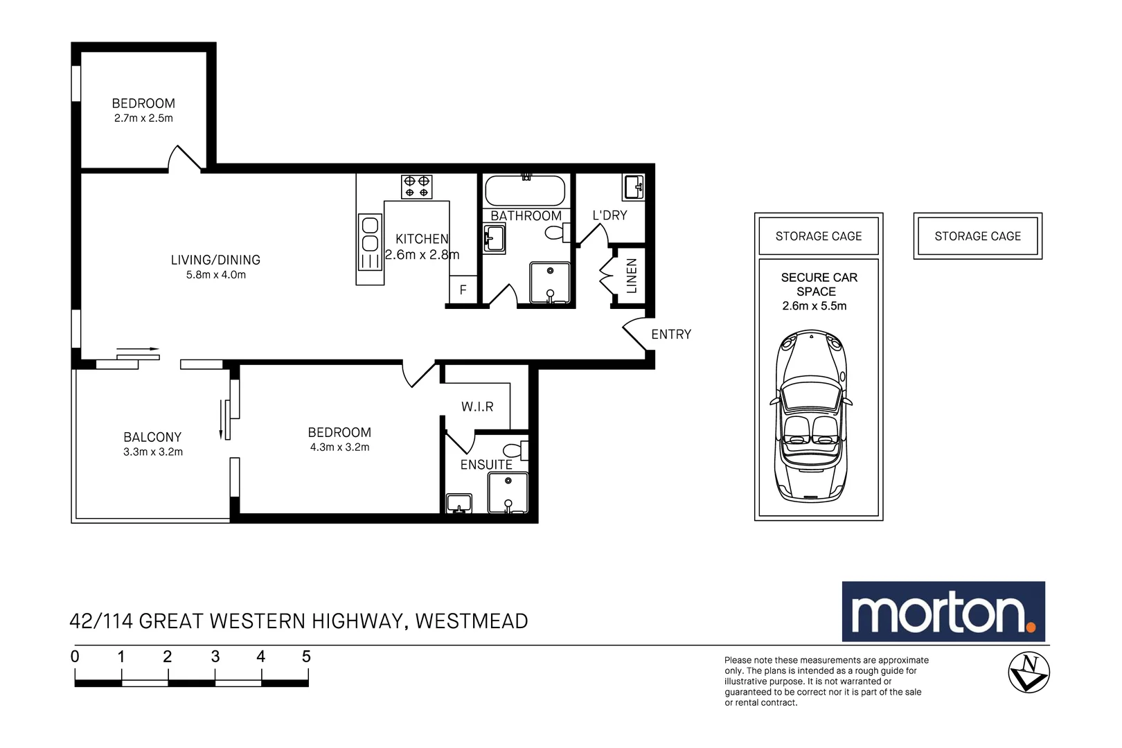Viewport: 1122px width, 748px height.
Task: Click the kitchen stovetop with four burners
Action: (x=416, y=187)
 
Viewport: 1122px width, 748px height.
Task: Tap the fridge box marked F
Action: (x=463, y=290)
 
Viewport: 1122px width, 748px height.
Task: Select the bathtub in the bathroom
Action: (x=525, y=190)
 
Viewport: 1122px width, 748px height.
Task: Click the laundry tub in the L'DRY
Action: (x=634, y=187)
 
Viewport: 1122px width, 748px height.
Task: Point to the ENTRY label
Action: (x=670, y=335)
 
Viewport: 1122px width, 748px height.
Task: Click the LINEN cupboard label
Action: (x=631, y=276)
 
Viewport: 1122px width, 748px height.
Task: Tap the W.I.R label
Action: (x=477, y=407)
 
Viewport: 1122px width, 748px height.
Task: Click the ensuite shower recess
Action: (x=508, y=492)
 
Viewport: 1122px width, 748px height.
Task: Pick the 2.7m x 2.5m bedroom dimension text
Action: (x=143, y=118)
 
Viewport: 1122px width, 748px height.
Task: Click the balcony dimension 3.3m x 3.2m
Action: (x=153, y=452)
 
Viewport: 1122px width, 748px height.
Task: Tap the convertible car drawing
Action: (x=811, y=416)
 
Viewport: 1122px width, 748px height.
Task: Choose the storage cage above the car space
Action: (x=818, y=236)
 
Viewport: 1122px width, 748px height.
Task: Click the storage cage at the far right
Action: (x=977, y=236)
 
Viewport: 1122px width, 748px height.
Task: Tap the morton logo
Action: (x=943, y=612)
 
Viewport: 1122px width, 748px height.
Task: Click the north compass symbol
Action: (x=1028, y=672)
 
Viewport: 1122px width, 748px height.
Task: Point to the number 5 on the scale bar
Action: (x=306, y=657)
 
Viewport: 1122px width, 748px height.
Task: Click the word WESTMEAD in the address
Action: (x=472, y=621)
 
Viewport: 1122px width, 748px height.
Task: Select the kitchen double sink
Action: (x=370, y=242)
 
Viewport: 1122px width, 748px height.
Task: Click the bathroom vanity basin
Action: (x=494, y=239)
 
